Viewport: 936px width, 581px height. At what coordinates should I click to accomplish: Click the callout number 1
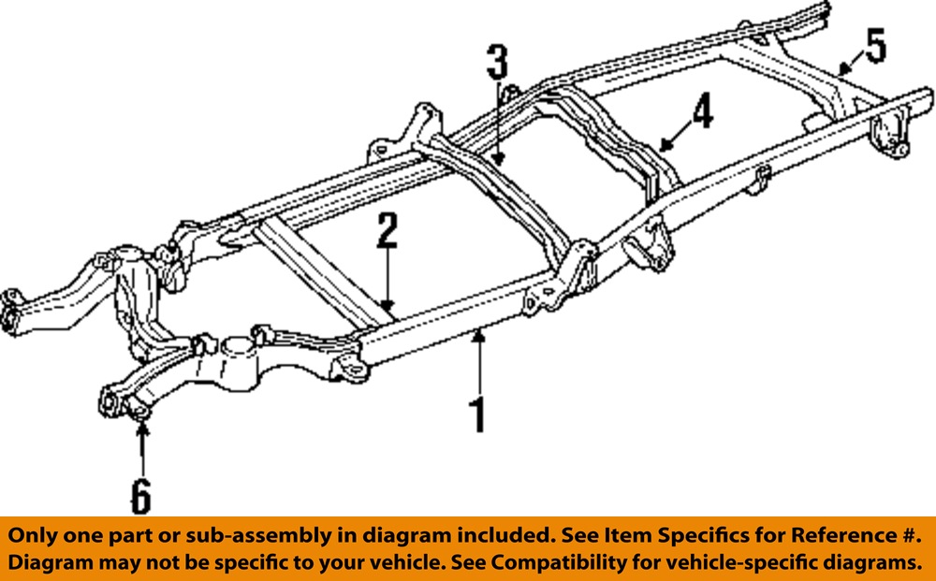(x=477, y=414)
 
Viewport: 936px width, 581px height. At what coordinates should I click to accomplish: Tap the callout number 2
(x=388, y=231)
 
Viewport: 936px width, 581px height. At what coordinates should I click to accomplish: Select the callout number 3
(x=497, y=62)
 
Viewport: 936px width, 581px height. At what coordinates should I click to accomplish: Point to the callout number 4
(x=702, y=110)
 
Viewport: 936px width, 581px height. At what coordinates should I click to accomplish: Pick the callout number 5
(x=875, y=46)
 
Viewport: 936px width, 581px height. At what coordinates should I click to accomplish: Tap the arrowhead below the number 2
(x=388, y=305)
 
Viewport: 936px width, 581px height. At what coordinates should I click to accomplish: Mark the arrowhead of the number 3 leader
(x=498, y=159)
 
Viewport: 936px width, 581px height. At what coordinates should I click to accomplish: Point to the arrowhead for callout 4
(x=664, y=144)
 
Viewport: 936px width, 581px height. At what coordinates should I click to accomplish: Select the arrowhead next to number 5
(x=843, y=70)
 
